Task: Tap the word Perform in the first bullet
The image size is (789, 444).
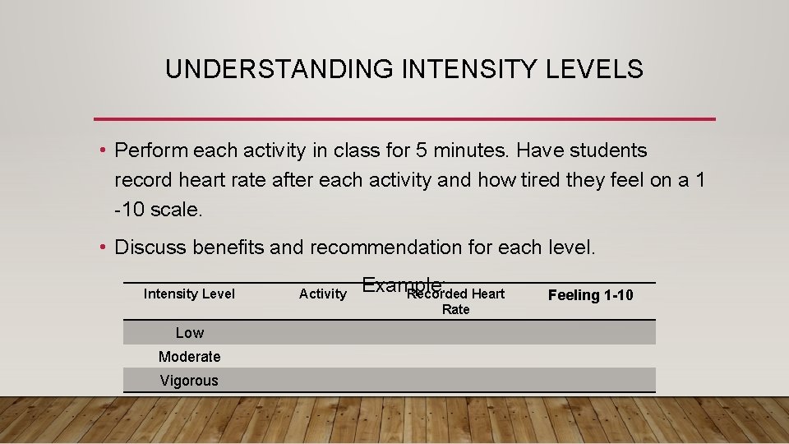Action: coord(150,151)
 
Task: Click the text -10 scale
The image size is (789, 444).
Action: coord(158,209)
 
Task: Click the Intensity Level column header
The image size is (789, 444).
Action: coord(189,294)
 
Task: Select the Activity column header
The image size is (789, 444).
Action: coord(322,294)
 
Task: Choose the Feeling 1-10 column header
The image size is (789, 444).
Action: coord(590,294)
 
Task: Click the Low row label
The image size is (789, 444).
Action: coord(189,332)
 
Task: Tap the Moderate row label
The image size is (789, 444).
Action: coord(189,356)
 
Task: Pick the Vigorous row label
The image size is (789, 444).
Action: coord(189,380)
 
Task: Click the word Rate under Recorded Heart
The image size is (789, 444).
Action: coord(455,309)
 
